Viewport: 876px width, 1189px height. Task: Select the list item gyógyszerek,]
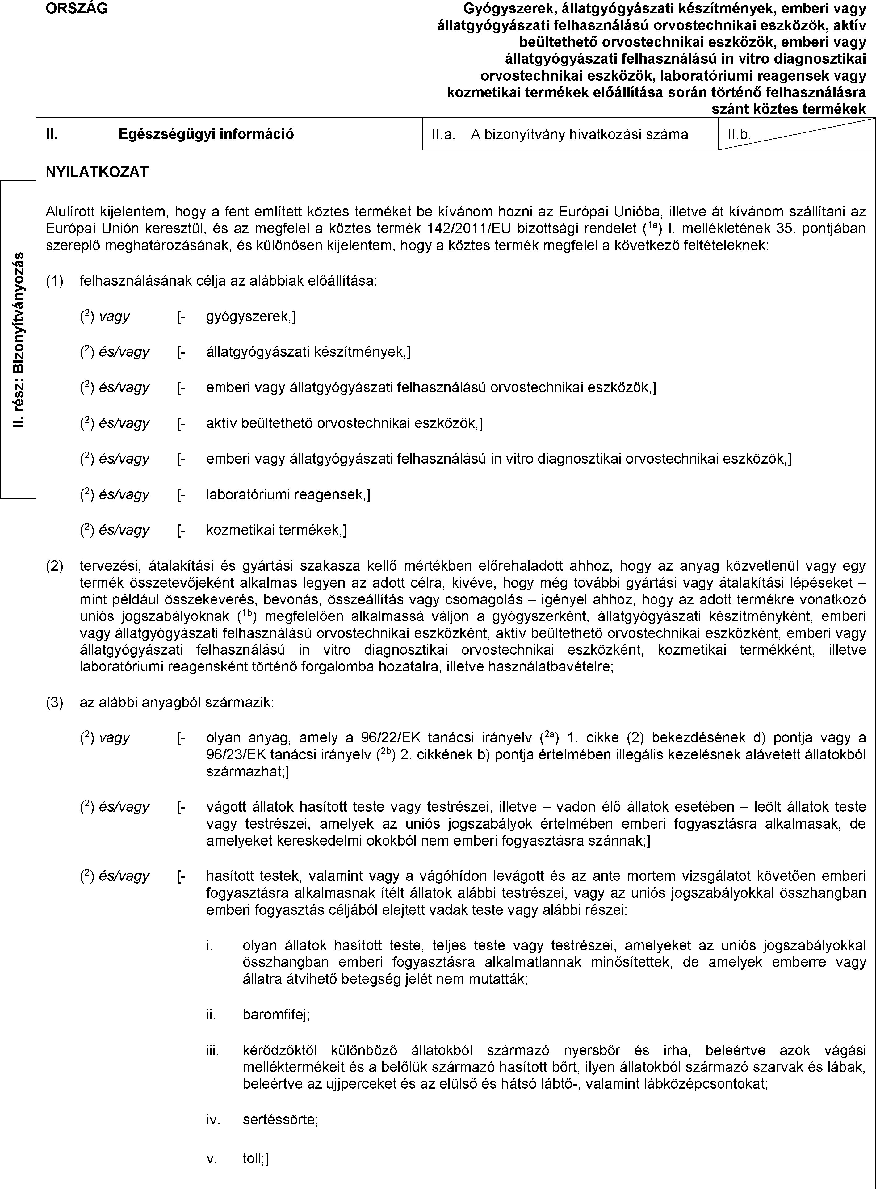point(251,317)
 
